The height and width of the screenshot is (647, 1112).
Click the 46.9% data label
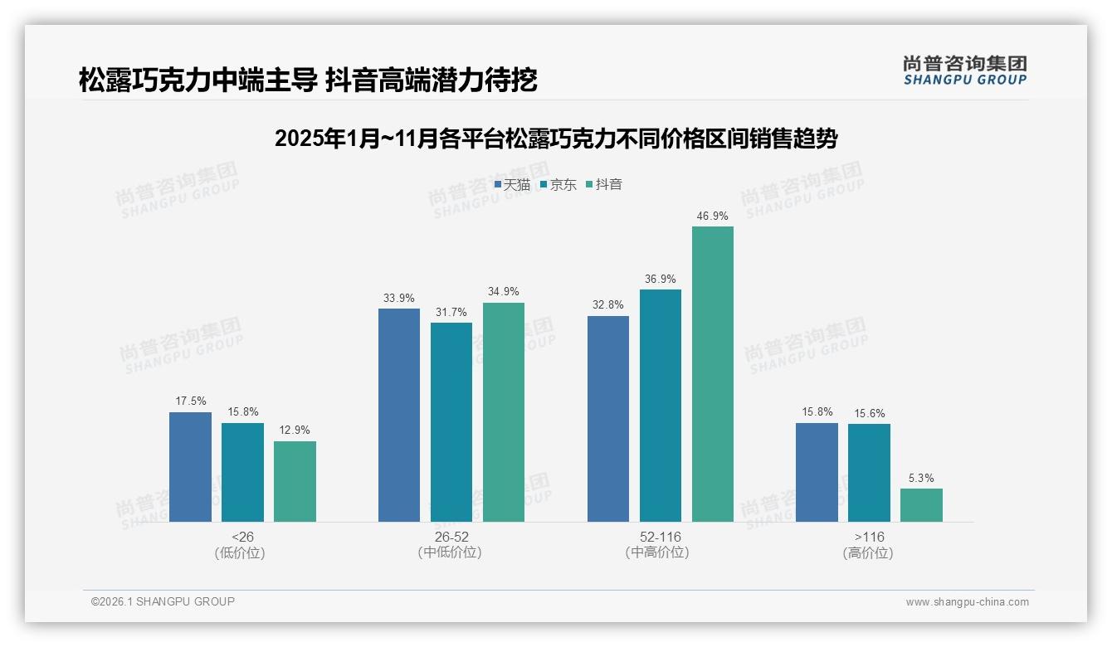712,216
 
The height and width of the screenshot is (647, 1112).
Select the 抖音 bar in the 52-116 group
712,374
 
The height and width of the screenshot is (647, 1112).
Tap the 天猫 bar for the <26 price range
190,467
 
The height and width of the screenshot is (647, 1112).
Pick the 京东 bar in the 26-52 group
451,422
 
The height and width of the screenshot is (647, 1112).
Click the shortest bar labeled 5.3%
921,505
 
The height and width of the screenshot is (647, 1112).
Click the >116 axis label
869,537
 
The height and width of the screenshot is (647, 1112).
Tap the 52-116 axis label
660,537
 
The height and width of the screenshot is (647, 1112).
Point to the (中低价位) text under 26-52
450,552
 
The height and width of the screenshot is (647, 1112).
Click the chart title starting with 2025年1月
555,139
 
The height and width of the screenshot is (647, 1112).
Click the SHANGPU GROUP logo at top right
964,71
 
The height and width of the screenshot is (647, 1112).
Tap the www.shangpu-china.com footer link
967,602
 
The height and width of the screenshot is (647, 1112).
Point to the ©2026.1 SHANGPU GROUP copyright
163,601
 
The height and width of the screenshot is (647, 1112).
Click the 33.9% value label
399,299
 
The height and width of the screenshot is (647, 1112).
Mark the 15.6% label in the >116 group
869,414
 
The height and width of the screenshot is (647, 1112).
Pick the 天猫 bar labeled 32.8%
607,419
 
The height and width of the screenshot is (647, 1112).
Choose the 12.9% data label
295,431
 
